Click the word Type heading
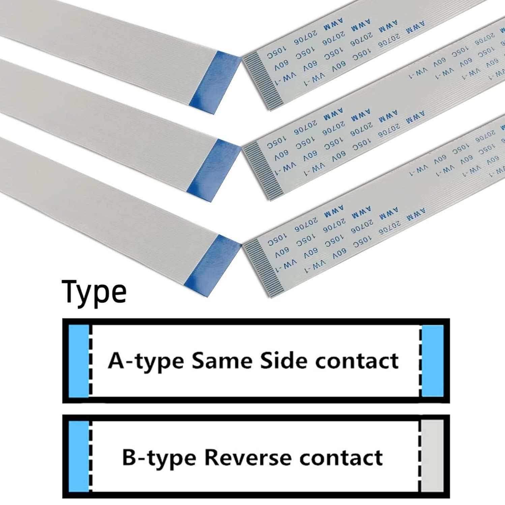pyautogui.click(x=94, y=292)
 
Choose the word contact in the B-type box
pyautogui.click(x=341, y=458)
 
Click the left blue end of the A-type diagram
pyautogui.click(x=79, y=361)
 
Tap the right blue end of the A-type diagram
pyautogui.click(x=433, y=361)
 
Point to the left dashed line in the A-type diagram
pyautogui.click(x=91, y=361)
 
